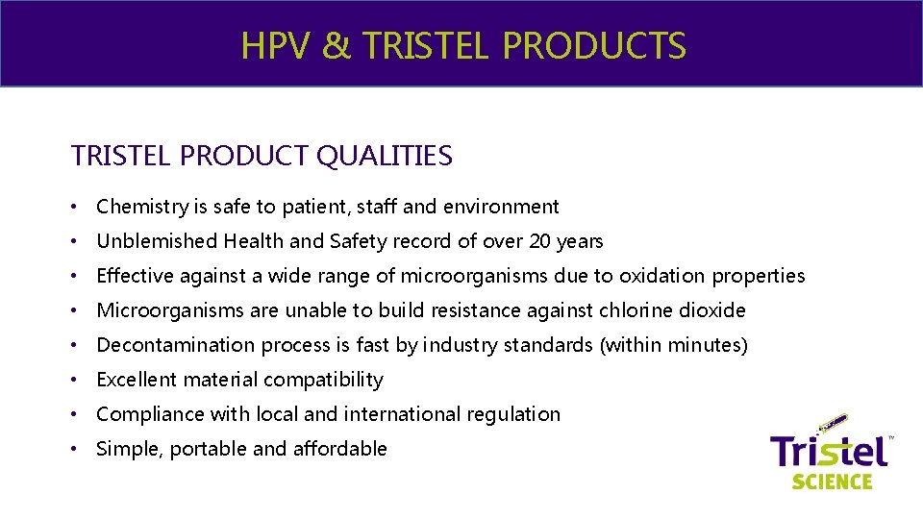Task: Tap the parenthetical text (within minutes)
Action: point(673,345)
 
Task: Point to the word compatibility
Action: point(323,380)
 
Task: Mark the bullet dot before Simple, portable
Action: point(76,449)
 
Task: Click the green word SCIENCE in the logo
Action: point(832,481)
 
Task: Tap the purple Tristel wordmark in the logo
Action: point(829,450)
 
